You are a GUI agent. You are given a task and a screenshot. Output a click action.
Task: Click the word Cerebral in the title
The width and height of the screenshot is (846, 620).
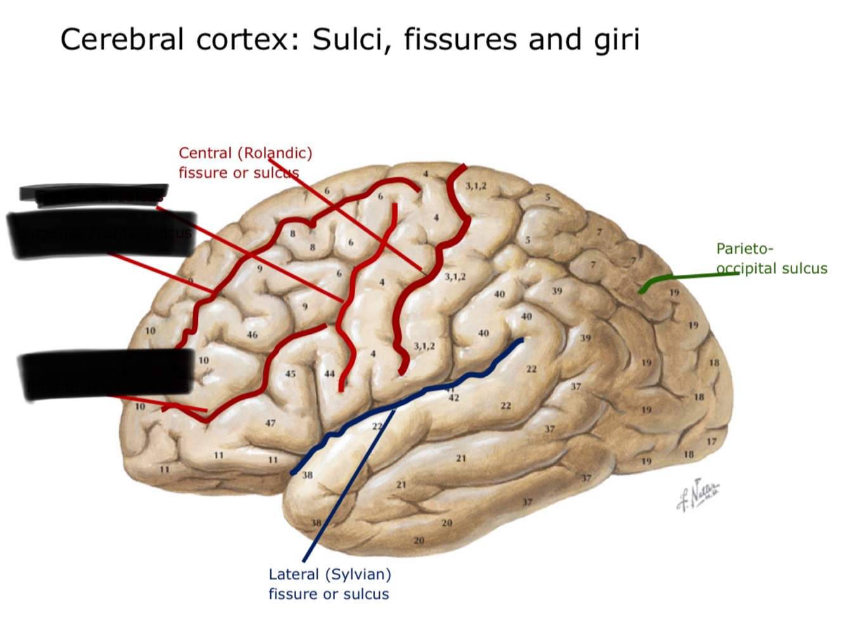(x=124, y=39)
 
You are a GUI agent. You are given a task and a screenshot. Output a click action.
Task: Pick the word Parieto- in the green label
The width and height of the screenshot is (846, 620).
(x=745, y=249)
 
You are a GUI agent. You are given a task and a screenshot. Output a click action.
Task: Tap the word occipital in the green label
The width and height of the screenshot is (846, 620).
(x=746, y=268)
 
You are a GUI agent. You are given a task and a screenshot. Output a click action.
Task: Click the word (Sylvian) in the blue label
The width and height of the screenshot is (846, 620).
(x=360, y=574)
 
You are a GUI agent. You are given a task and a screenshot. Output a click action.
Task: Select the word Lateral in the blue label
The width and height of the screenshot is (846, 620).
(x=294, y=574)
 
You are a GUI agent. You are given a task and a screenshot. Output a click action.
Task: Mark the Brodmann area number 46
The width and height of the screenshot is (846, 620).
(x=252, y=334)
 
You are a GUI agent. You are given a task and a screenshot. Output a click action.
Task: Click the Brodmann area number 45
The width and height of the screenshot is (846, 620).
(x=290, y=374)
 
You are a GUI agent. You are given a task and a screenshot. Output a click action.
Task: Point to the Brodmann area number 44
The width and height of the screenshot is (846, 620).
(x=329, y=374)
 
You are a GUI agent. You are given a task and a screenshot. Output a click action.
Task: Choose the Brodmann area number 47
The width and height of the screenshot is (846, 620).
(x=271, y=423)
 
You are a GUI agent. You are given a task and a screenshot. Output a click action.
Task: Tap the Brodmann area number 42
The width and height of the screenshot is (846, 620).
(x=453, y=398)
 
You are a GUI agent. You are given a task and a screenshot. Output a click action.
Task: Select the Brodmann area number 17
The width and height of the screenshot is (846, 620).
(x=712, y=442)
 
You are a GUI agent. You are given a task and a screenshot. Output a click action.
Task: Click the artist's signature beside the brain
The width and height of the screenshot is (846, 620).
(x=698, y=494)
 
